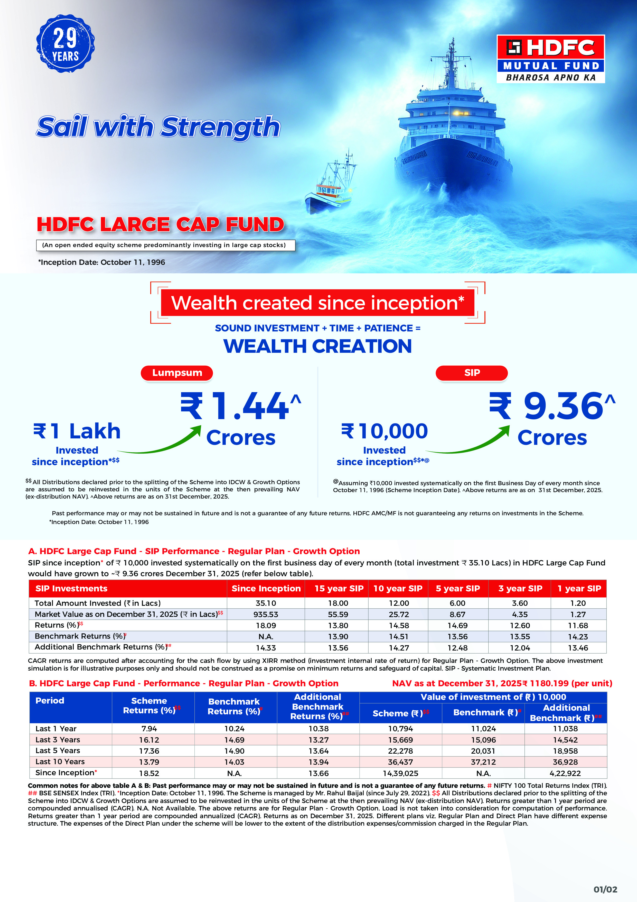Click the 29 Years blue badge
pos(65,44)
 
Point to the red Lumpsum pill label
pos(177,373)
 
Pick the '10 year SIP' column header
pos(398,589)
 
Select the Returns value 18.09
pos(266,625)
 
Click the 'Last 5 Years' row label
pos(58,751)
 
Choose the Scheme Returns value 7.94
pos(149,729)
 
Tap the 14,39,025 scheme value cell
pos(400,773)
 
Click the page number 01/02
pos(605,889)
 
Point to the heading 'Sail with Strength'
pos(158,127)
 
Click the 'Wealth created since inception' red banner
pos(317,303)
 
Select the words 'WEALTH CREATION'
pos(317,346)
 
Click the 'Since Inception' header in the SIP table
pos(266,589)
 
